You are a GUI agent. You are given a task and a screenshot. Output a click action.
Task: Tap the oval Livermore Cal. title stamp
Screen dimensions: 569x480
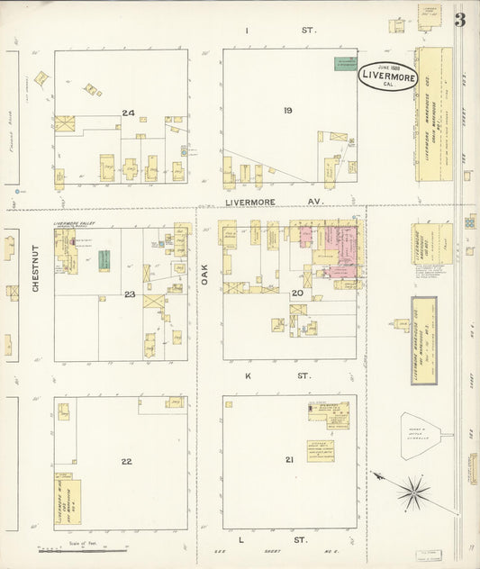[388, 77]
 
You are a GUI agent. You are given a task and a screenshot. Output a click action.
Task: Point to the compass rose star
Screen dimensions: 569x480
[415, 492]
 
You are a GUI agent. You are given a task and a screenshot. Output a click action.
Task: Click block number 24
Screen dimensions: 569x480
[129, 113]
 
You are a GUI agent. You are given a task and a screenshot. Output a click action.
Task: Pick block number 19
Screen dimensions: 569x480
[288, 111]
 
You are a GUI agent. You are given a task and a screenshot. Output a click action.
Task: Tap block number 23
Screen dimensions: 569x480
[130, 294]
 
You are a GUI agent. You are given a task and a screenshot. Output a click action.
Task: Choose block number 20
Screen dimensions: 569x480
[297, 293]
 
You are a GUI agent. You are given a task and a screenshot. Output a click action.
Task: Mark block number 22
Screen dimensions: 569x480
[127, 461]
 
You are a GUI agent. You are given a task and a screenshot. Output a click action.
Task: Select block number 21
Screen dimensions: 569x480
[289, 460]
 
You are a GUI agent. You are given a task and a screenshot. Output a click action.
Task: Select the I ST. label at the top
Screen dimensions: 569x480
[282, 31]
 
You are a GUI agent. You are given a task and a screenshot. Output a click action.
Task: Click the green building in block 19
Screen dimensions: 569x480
[343, 63]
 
